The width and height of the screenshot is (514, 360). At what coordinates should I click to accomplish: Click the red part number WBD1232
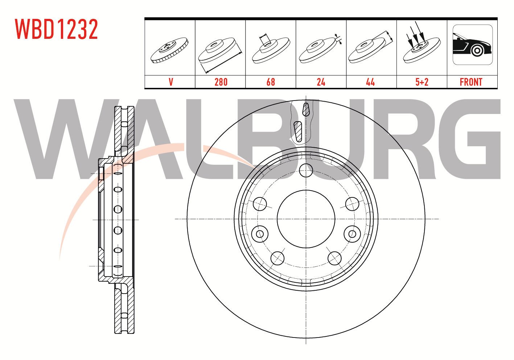click(57, 29)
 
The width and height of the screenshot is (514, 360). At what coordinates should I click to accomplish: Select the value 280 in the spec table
click(221, 82)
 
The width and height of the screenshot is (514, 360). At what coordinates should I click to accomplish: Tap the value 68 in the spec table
click(271, 82)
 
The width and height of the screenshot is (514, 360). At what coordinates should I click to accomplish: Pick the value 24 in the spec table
click(321, 82)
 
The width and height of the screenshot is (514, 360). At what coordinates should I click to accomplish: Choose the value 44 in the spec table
click(370, 82)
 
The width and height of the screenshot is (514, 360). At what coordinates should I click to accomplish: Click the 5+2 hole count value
click(422, 82)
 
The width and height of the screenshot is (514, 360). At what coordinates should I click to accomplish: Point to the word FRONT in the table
click(471, 82)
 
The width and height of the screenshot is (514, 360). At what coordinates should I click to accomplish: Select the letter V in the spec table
click(171, 82)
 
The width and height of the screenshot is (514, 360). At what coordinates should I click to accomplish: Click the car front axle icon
click(473, 45)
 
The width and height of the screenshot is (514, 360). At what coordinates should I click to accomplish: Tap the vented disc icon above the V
click(169, 50)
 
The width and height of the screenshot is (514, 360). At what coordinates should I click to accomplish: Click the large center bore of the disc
click(306, 219)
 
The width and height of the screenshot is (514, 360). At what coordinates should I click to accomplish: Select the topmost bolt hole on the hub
click(306, 170)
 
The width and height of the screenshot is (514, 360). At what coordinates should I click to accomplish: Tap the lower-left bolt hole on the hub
click(277, 258)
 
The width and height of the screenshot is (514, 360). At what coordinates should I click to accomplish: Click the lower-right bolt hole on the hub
click(334, 258)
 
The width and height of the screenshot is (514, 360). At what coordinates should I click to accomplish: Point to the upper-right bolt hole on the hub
click(352, 204)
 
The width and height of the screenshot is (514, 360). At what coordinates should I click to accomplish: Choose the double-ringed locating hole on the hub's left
click(260, 234)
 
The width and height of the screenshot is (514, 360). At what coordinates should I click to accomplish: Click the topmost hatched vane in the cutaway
click(306, 110)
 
